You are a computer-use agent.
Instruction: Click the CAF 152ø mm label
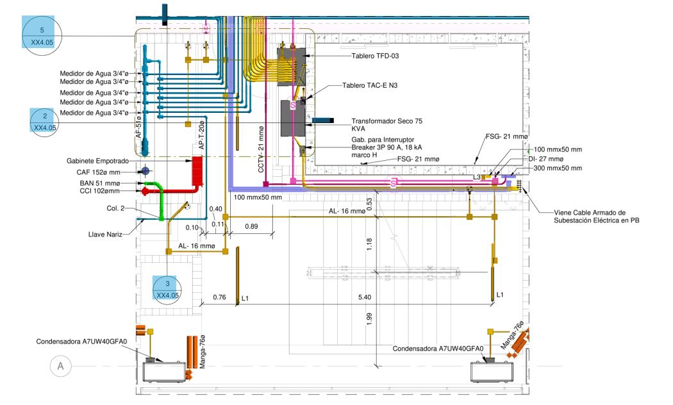[108, 172]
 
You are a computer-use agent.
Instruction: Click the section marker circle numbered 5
[42, 36]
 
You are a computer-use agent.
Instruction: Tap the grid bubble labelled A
[61, 366]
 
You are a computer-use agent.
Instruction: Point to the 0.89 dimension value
[253, 226]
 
